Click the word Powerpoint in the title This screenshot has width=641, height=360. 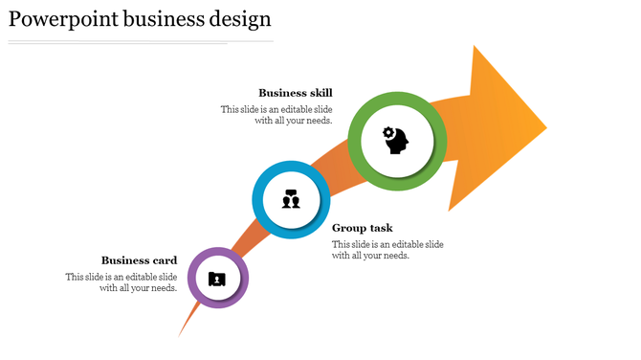pyautogui.click(x=62, y=19)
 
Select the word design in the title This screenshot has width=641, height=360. pyautogui.click(x=239, y=19)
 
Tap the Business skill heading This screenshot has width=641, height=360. pyautogui.click(x=296, y=93)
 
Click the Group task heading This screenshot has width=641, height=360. pyautogui.click(x=363, y=228)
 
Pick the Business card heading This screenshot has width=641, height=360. pyautogui.click(x=140, y=260)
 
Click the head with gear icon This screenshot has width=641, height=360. pyautogui.click(x=396, y=141)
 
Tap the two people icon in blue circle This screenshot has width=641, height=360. pyautogui.click(x=292, y=201)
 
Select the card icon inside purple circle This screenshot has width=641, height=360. pyautogui.click(x=218, y=279)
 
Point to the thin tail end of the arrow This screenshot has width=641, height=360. pyautogui.click(x=181, y=333)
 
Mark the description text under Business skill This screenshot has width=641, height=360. pyautogui.click(x=277, y=115)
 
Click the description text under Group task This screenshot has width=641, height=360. pyautogui.click(x=387, y=250)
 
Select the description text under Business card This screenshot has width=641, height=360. pyautogui.click(x=122, y=282)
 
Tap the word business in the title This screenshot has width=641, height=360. pyautogui.click(x=158, y=19)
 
